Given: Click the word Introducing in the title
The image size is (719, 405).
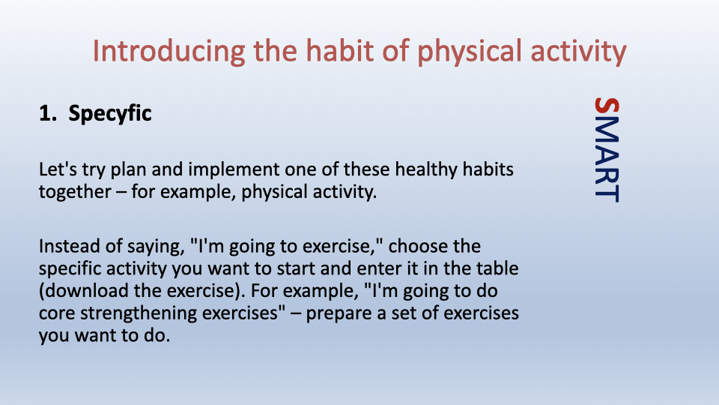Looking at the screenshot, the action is tap(169, 52).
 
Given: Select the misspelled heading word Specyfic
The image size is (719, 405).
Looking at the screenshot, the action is tap(110, 114).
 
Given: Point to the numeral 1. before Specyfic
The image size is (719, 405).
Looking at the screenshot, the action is tap(48, 113).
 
